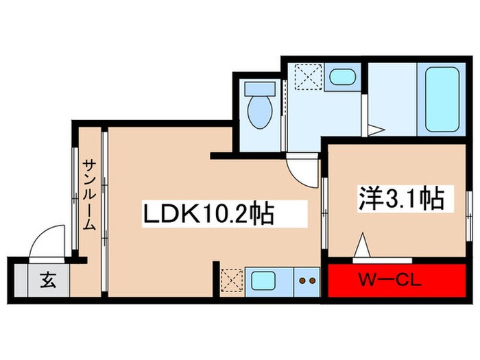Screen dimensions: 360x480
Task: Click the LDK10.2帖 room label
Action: [x=208, y=215]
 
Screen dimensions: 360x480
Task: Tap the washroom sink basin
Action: [x=339, y=76]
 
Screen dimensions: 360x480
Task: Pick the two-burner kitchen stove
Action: [x=307, y=280]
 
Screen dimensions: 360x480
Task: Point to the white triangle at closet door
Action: [x=362, y=245]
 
